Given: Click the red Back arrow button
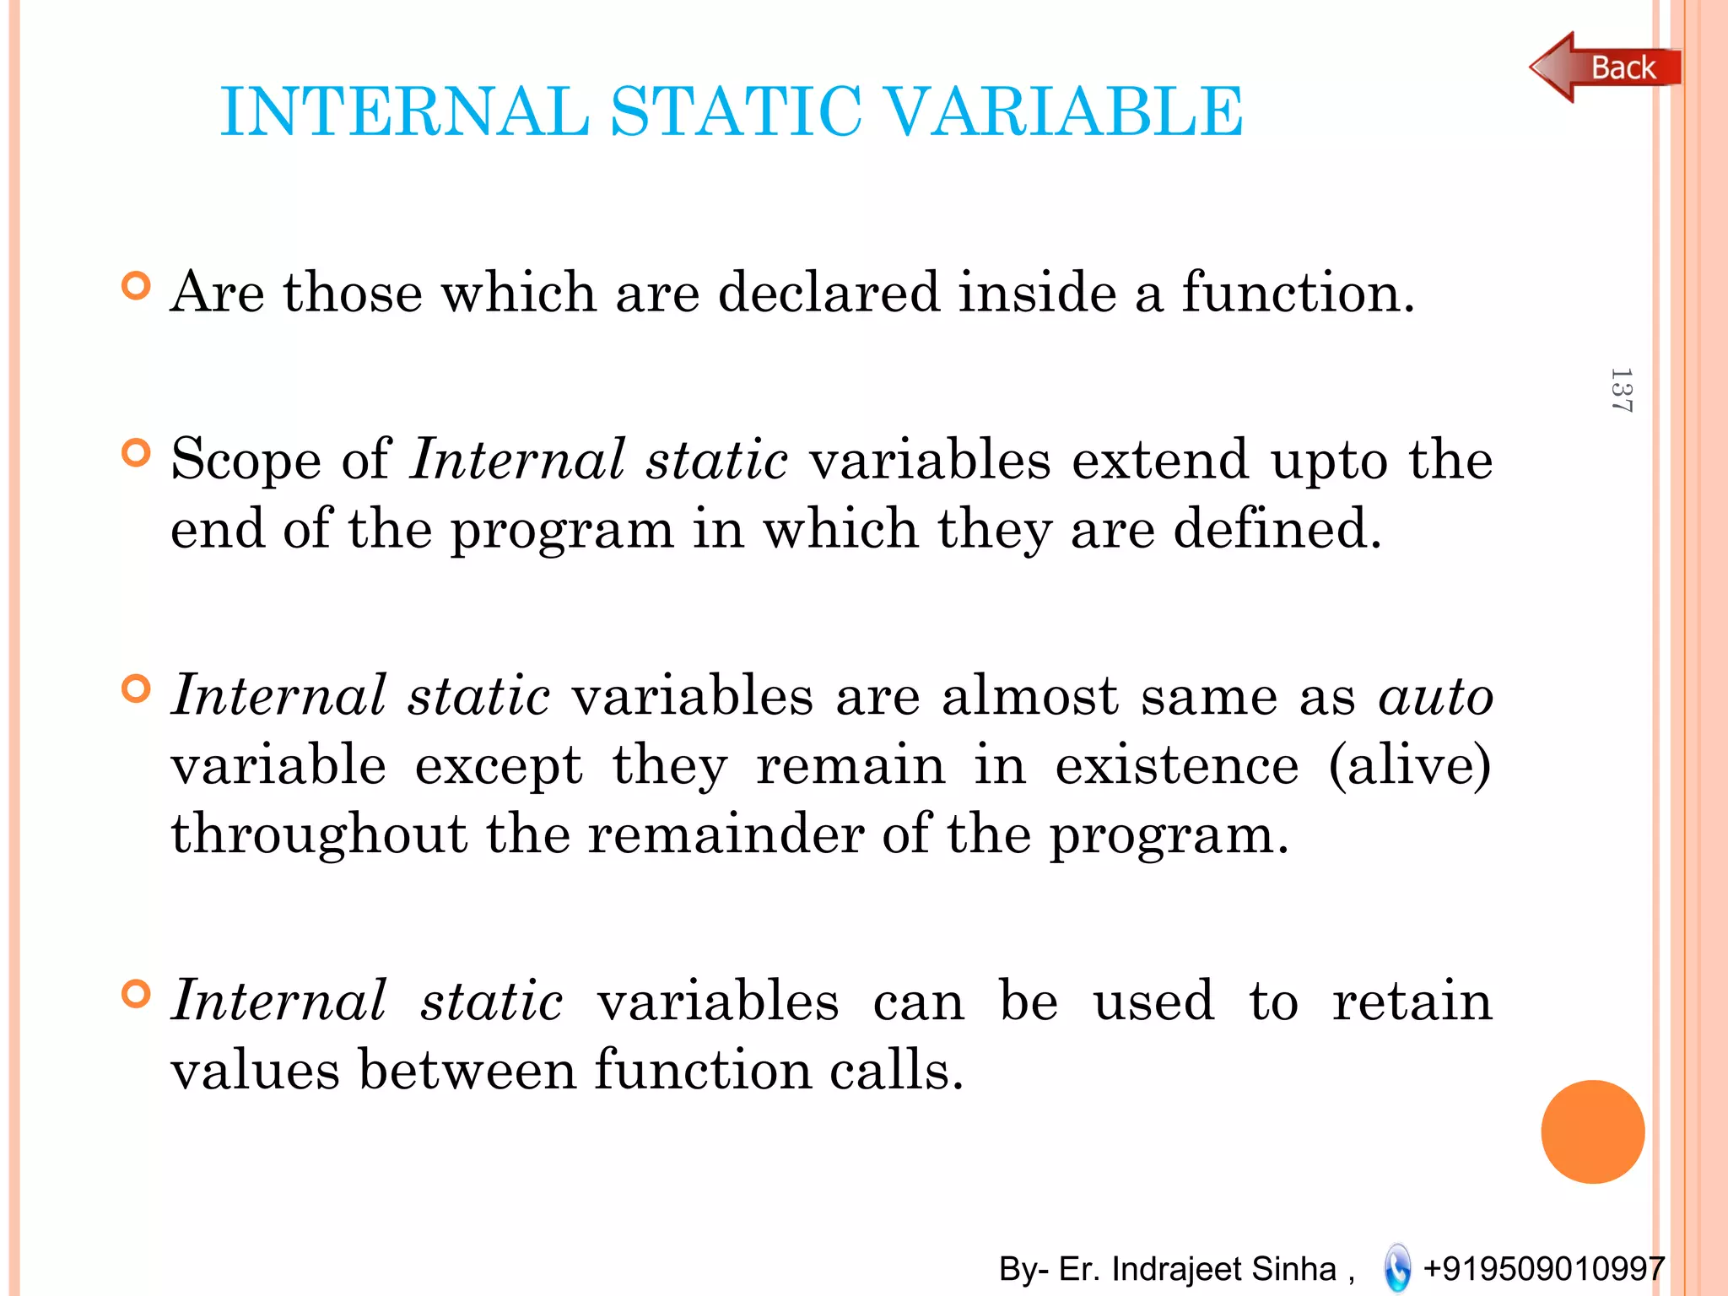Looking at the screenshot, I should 1603,67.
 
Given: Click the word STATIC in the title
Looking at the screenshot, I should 736,111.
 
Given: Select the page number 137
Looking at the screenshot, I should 1620,390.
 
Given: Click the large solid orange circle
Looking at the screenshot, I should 1592,1131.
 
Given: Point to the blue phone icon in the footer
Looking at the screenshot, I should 1397,1267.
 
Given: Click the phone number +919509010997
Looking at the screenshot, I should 1543,1268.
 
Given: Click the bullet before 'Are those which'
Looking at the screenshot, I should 136,286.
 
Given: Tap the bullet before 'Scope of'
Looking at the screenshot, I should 136,453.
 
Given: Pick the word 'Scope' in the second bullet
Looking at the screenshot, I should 246,461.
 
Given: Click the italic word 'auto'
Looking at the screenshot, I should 1435,697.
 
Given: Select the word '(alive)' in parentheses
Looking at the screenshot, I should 1409,765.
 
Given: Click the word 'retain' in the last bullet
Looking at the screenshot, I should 1412,1002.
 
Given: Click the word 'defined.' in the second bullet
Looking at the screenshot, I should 1277,530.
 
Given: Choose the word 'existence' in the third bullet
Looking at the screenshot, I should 1177,765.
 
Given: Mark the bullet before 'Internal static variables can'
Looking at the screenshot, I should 136,994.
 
